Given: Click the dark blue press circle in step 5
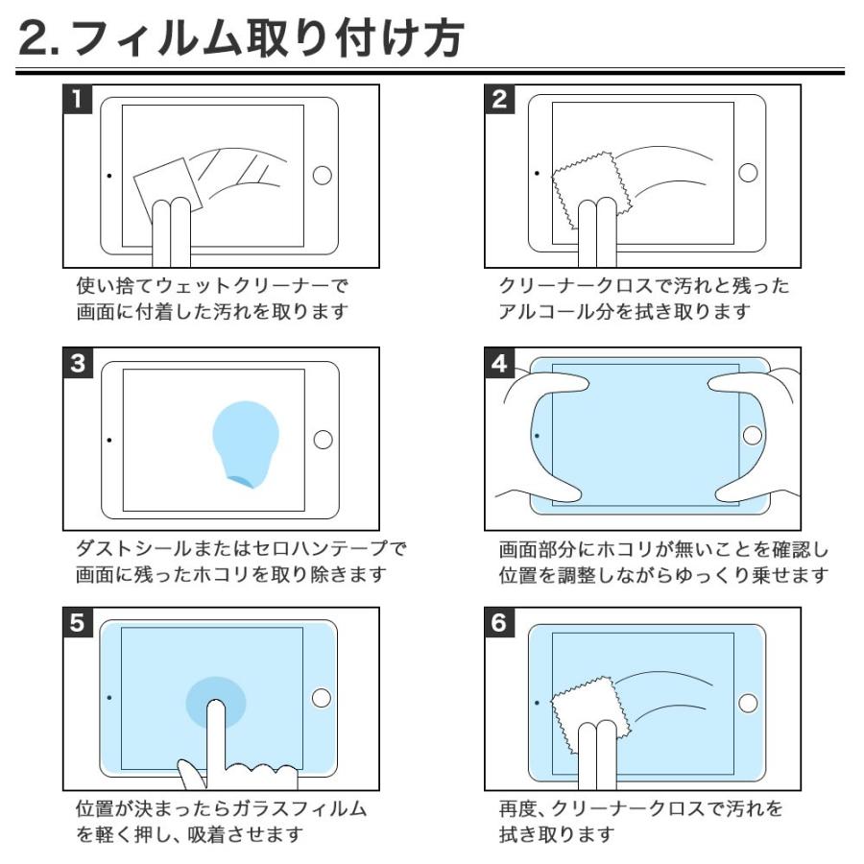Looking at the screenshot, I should [x=215, y=698].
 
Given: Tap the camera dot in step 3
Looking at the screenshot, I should [x=108, y=440].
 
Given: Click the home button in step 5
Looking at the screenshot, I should [x=323, y=699].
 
